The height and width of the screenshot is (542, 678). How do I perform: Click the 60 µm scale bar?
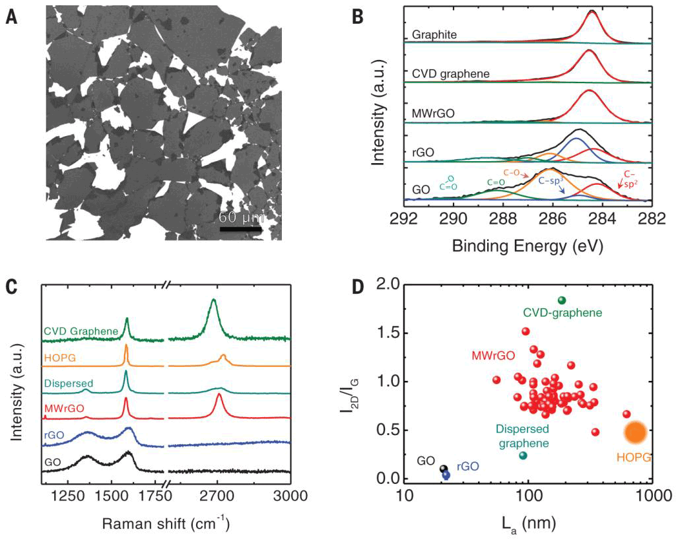coord(241,229)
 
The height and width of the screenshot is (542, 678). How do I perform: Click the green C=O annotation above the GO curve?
coord(495,182)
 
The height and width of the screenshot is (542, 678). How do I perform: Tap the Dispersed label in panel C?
coord(69,384)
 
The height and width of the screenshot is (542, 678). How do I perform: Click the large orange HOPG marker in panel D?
coord(635,432)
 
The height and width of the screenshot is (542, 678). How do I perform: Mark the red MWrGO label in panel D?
coord(494,356)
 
